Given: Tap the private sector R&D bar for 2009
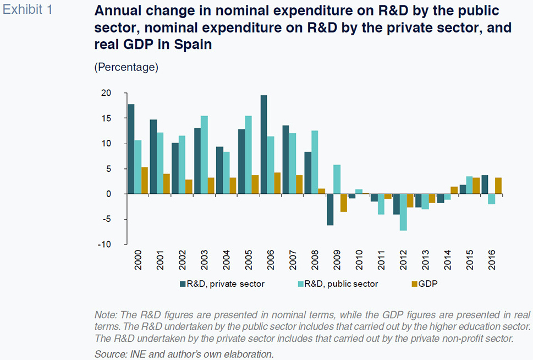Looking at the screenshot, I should point(330,209).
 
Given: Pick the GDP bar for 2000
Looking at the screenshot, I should point(145,181).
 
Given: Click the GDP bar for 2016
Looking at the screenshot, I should point(498,186).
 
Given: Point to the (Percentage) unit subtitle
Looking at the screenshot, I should point(127,67).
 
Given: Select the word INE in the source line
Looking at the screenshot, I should point(135,353).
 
